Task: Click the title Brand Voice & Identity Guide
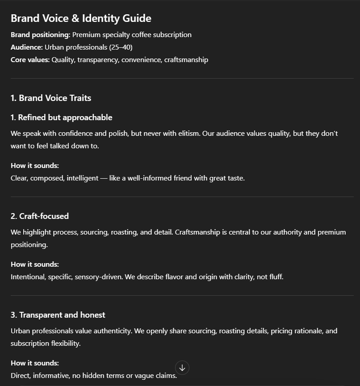point(81,18)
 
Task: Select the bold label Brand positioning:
point(40,35)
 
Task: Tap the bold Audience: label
point(27,47)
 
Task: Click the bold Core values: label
point(30,60)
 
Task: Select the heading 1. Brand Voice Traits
point(51,98)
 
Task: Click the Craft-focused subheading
point(44,216)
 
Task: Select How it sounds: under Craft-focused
point(35,264)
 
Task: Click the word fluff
point(274,277)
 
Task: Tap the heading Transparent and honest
point(62,315)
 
